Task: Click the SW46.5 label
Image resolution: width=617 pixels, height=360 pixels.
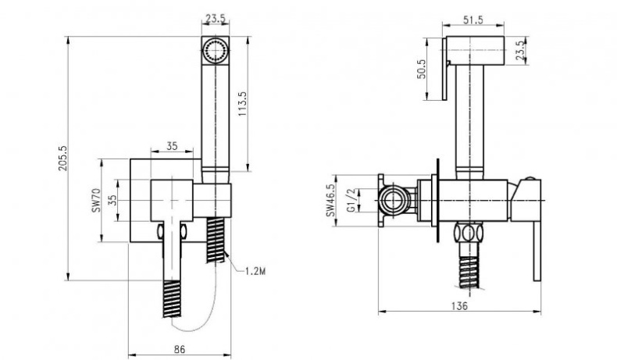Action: point(331,200)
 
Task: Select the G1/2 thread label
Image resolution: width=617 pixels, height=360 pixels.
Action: point(352,200)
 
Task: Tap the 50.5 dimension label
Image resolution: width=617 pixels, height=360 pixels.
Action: point(421,70)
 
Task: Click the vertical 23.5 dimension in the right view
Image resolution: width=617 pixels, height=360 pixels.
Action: point(522,50)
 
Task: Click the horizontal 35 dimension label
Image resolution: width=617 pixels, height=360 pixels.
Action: point(172,145)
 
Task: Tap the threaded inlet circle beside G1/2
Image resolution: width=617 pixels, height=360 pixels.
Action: point(397,199)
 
